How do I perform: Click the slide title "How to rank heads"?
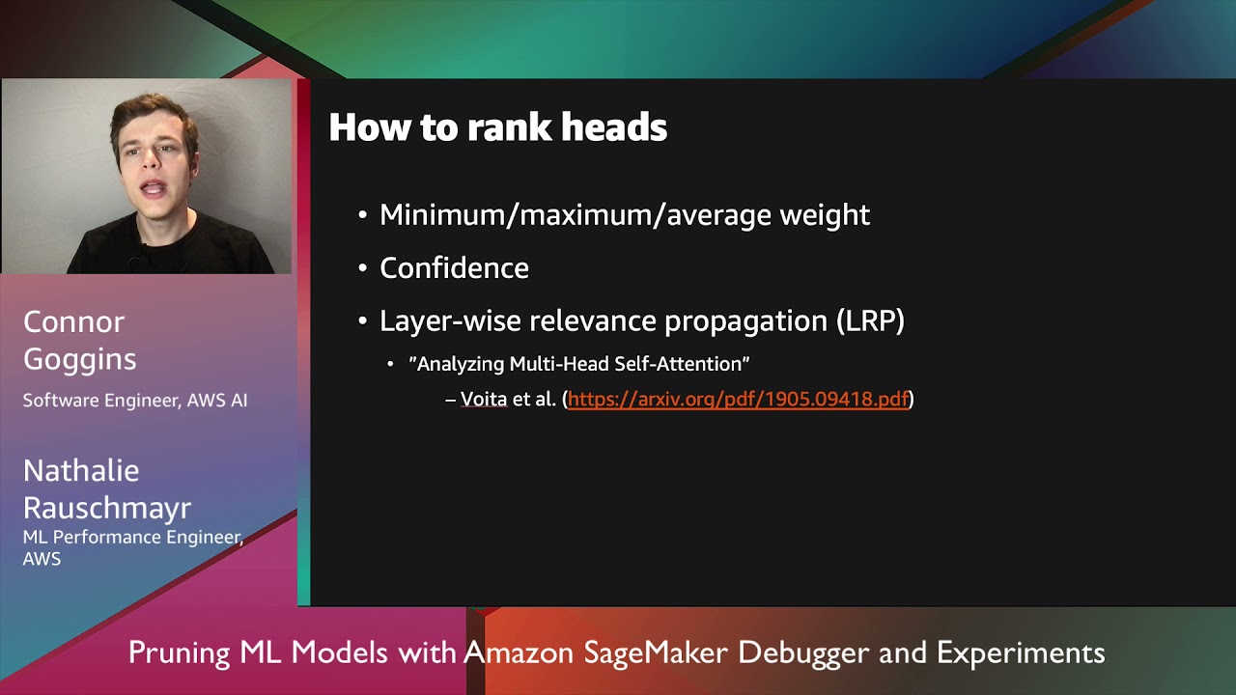(497, 127)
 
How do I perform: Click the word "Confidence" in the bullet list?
(454, 268)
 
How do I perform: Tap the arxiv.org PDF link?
(738, 399)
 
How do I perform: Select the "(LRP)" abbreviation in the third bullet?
(870, 320)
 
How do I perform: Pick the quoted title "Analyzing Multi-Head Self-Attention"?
(579, 364)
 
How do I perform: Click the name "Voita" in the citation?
(483, 399)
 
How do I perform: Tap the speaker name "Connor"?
(73, 321)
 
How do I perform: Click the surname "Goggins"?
(79, 359)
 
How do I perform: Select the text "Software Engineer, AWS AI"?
(135, 400)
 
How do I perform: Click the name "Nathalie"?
(81, 471)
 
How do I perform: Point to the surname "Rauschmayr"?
(107, 508)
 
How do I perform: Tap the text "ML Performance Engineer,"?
(133, 538)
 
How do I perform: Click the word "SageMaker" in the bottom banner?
(656, 653)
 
